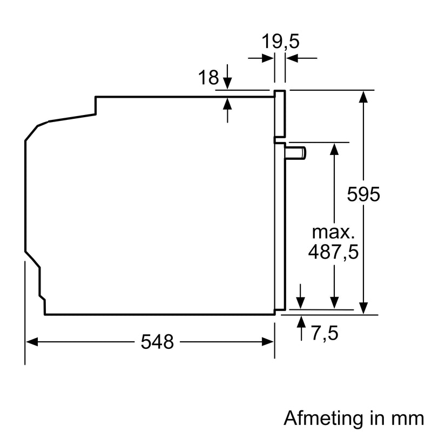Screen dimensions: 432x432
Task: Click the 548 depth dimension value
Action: tap(158, 341)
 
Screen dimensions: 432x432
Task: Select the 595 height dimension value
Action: tap(363, 194)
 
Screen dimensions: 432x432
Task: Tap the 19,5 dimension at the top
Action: tap(281, 42)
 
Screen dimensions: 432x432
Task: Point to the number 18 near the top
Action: tap(208, 78)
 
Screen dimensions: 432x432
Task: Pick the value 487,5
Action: tap(333, 252)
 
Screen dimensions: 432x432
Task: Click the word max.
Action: tap(334, 233)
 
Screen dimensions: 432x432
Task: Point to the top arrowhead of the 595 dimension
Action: tap(364, 97)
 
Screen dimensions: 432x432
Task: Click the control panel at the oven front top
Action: tap(280, 113)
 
